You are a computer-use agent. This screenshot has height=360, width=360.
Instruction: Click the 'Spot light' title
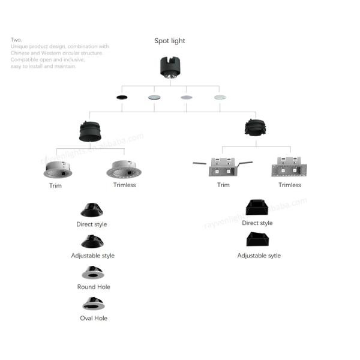[x=170, y=41]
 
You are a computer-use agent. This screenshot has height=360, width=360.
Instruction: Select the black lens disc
[x=122, y=97]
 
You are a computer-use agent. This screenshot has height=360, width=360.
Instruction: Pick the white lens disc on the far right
[x=220, y=97]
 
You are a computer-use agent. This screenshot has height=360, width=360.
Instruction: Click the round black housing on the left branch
[x=90, y=131]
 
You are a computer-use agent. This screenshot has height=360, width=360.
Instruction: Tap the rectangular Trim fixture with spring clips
[x=222, y=167]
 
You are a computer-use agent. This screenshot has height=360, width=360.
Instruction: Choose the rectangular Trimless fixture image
[x=289, y=167]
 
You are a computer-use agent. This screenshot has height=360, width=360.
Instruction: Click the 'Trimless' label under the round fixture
[x=124, y=185]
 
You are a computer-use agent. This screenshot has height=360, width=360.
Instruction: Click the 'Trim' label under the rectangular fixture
[x=223, y=185]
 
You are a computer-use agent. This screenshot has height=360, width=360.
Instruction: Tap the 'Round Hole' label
[x=93, y=287]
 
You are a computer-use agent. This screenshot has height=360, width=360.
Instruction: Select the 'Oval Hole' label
[x=93, y=318]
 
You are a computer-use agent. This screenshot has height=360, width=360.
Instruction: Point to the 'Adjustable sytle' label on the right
[x=259, y=256]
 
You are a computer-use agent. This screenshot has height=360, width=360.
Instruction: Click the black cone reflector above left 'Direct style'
[x=92, y=210]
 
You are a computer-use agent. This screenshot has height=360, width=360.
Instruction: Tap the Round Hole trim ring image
[x=92, y=273]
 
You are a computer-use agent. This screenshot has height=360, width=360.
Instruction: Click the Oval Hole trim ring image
[x=93, y=304]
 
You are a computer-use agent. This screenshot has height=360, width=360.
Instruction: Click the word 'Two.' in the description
[x=16, y=40]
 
